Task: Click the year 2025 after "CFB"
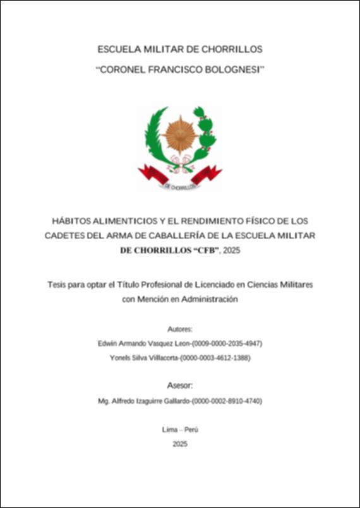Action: [x=232, y=251]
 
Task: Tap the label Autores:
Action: [x=180, y=329]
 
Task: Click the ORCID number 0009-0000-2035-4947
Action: [x=226, y=344]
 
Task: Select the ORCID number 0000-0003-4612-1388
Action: [x=217, y=358]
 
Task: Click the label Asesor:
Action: [x=180, y=385]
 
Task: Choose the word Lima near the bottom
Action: [x=169, y=429]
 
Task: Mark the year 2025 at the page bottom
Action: [x=180, y=444]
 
